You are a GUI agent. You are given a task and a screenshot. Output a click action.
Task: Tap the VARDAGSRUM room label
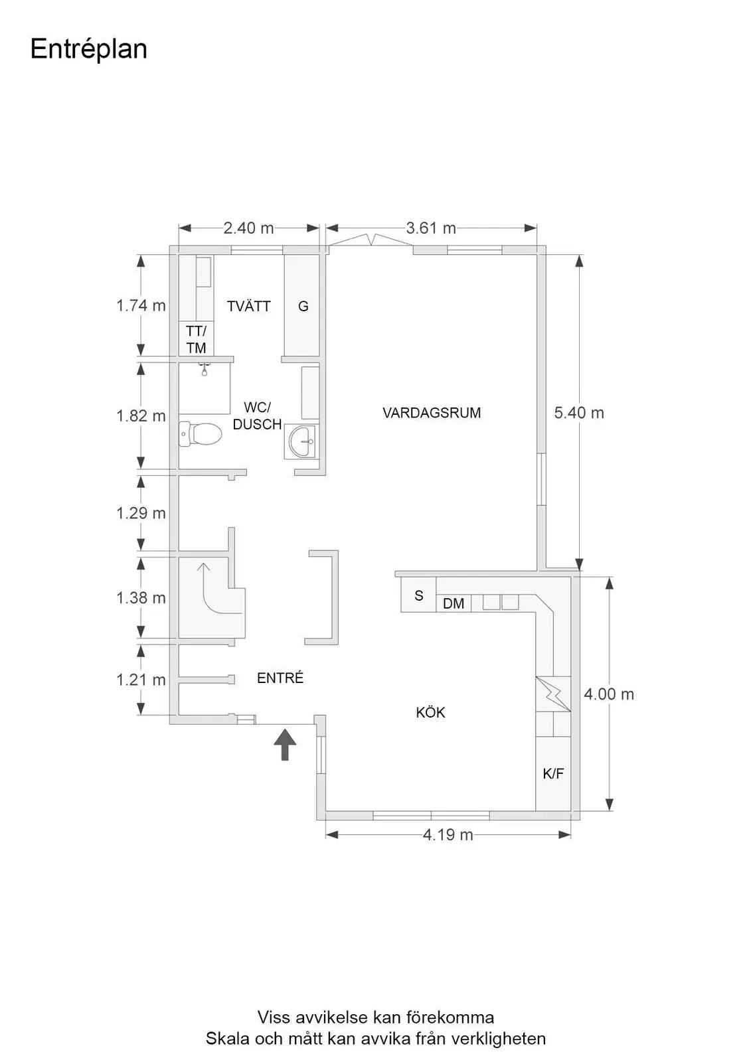click(x=432, y=413)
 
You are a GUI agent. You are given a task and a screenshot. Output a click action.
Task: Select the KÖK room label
click(x=430, y=712)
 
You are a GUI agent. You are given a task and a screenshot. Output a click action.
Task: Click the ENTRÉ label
click(x=280, y=678)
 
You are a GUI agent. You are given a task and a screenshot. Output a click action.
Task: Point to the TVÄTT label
click(x=248, y=306)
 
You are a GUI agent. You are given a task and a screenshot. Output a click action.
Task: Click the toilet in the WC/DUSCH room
click(x=201, y=433)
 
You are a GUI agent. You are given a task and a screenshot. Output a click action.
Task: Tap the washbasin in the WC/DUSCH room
click(x=301, y=441)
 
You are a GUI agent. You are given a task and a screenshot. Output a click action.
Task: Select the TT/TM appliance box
click(x=196, y=339)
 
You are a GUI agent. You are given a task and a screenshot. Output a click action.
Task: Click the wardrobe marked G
click(x=301, y=305)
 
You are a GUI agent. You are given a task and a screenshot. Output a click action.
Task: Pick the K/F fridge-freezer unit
click(x=553, y=774)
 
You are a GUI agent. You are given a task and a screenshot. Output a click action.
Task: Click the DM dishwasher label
click(x=454, y=603)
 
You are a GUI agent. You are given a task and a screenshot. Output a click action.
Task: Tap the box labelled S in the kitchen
click(x=418, y=595)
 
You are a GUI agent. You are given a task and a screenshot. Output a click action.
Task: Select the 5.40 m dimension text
click(x=579, y=413)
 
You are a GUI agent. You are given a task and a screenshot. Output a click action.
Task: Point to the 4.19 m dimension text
click(x=448, y=834)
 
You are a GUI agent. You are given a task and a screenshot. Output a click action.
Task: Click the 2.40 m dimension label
click(x=248, y=228)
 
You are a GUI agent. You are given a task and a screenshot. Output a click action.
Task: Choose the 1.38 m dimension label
click(x=141, y=598)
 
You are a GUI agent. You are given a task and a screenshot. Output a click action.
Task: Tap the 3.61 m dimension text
click(x=431, y=228)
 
